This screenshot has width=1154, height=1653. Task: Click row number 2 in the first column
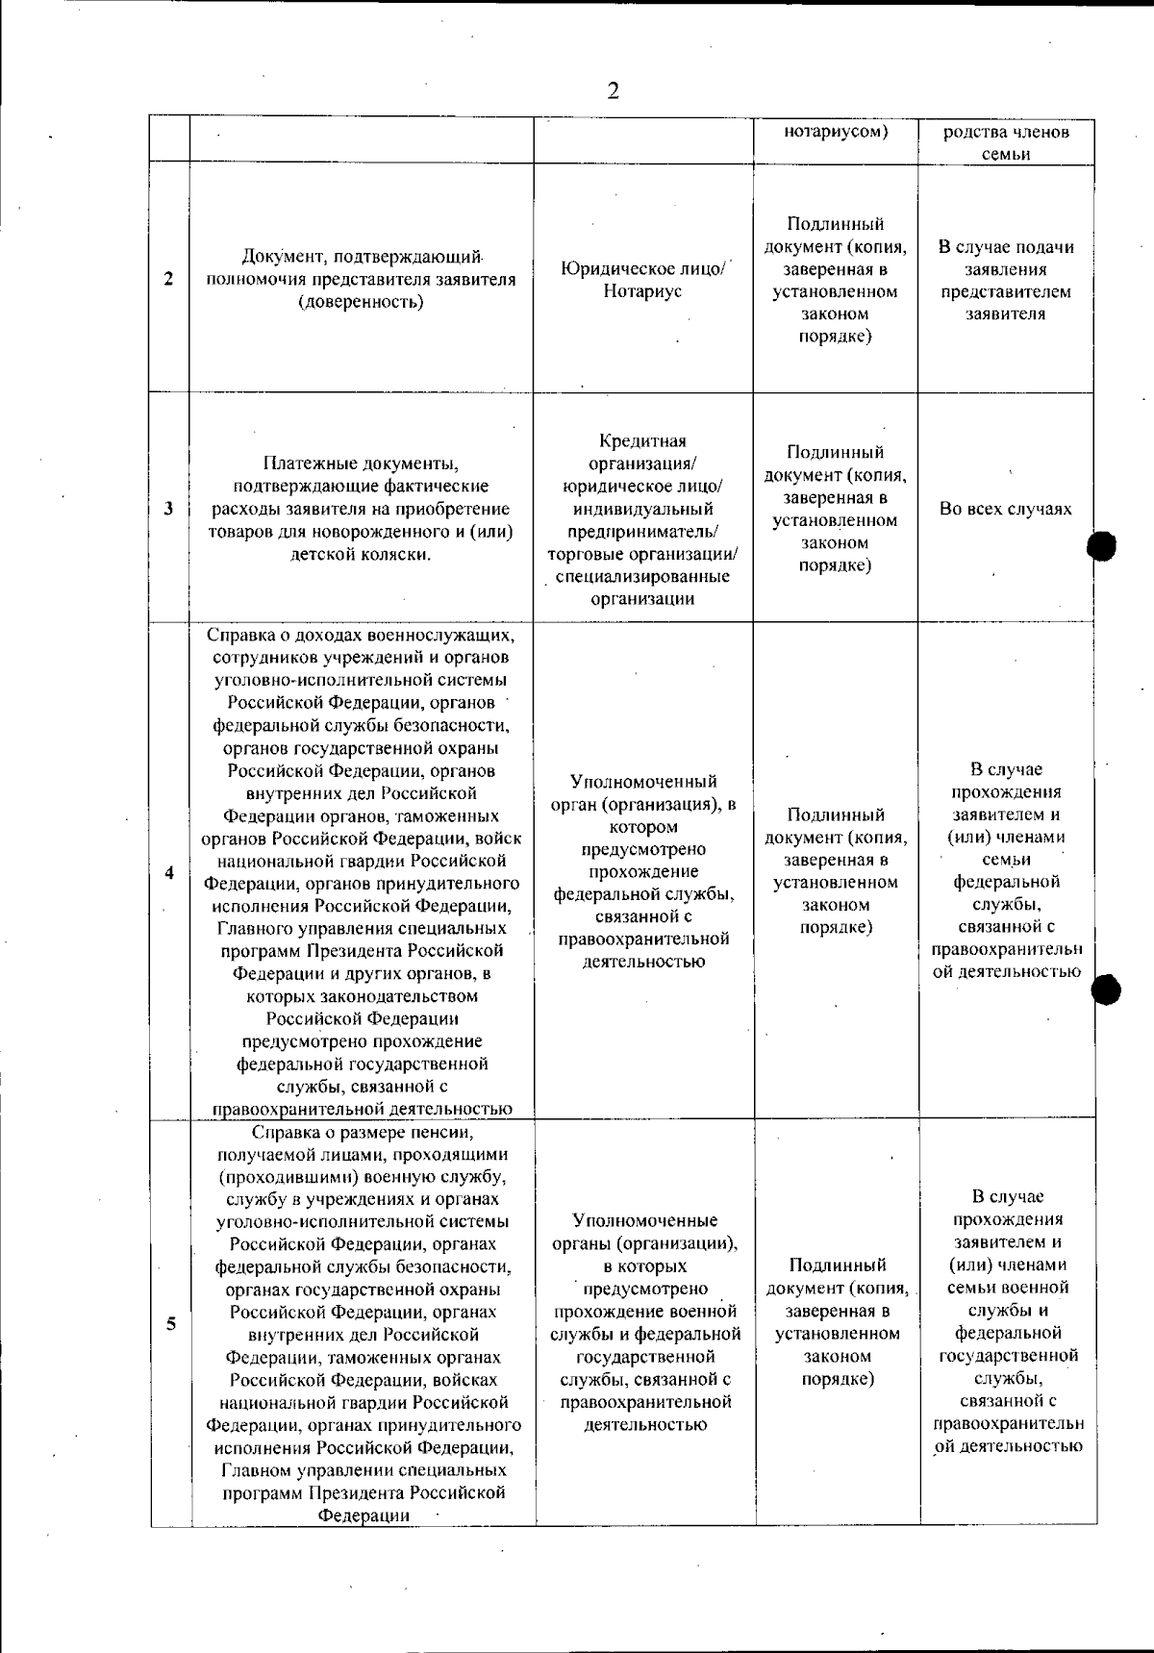[x=169, y=280]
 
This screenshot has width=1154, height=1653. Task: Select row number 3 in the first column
[x=169, y=509]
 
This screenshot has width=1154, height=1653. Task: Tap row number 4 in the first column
[x=169, y=873]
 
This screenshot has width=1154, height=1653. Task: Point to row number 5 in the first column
[x=170, y=1323]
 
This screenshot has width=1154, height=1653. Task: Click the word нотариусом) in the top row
[x=835, y=132]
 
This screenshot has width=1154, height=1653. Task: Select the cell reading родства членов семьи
[x=1006, y=142]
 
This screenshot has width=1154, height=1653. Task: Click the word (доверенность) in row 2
[x=361, y=302]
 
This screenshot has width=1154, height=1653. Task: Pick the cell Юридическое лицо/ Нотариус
[x=642, y=280]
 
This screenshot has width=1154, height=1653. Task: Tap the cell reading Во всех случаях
[x=1006, y=509]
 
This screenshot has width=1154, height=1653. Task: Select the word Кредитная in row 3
[x=642, y=441]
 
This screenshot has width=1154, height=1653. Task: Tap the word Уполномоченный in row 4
[x=643, y=781]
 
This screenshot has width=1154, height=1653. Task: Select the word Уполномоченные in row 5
[x=644, y=1220]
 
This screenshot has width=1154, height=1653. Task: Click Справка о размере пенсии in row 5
[x=361, y=1132]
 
